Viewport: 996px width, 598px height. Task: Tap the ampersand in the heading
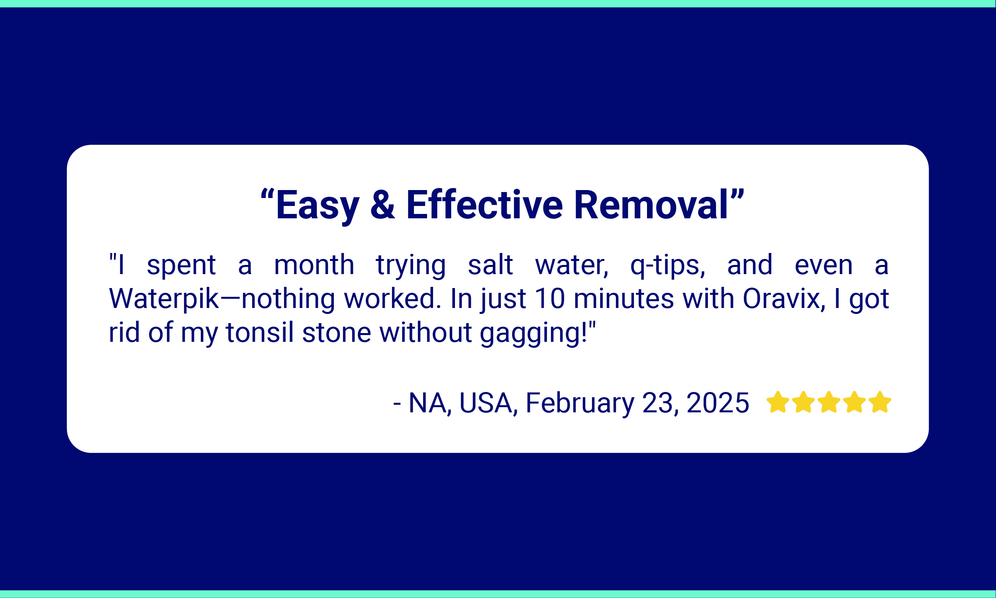(x=382, y=205)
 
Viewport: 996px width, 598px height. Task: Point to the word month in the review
(x=314, y=265)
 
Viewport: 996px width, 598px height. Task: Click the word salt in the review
(x=490, y=265)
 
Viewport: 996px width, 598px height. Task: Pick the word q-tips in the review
(x=668, y=266)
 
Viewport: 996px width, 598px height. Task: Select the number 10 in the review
(x=550, y=298)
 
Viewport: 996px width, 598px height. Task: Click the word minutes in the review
(x=624, y=298)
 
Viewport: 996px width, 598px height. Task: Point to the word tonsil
(x=259, y=332)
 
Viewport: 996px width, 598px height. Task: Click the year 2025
(x=718, y=402)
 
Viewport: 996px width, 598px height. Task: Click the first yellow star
(x=778, y=402)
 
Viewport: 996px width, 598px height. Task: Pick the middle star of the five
(x=829, y=402)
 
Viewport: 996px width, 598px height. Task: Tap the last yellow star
(x=880, y=402)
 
